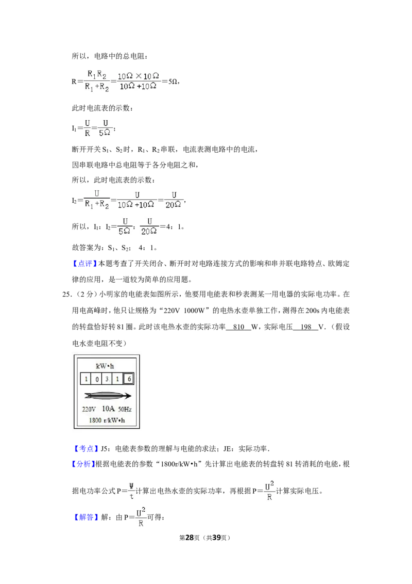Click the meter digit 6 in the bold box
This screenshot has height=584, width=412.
(x=129, y=379)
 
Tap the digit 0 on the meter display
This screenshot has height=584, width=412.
(x=97, y=379)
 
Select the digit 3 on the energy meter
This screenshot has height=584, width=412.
(x=107, y=379)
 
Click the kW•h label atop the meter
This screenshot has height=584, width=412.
(x=105, y=366)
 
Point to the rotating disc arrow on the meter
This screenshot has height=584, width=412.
(x=108, y=396)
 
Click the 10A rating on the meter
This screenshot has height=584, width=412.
(x=108, y=409)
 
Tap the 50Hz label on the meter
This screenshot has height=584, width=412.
(x=125, y=409)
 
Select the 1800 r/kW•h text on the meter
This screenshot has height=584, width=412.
(x=107, y=420)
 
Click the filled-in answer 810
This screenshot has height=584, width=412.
(x=238, y=327)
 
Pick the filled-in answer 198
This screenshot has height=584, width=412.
(x=306, y=327)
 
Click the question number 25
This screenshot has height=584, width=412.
(x=66, y=294)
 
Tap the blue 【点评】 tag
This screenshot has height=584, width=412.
(x=85, y=264)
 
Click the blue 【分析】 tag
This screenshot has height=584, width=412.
(x=83, y=464)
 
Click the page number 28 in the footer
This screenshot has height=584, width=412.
(x=190, y=538)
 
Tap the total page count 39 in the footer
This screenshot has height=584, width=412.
(x=216, y=538)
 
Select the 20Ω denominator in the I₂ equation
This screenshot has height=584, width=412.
(x=173, y=204)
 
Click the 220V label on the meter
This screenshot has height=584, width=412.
(x=89, y=409)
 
